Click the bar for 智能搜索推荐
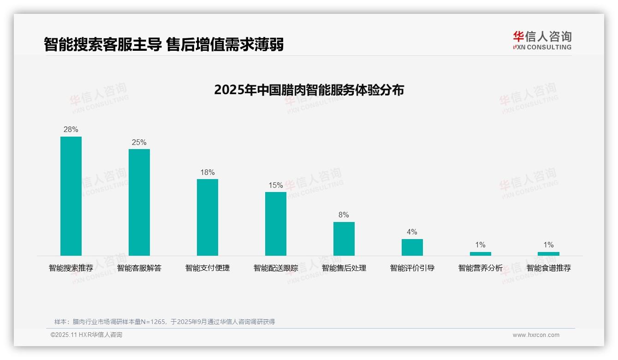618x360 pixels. click(x=71, y=196)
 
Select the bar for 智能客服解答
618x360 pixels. click(x=139, y=202)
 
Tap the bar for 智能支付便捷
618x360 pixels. click(x=208, y=217)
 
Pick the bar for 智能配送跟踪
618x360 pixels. click(x=276, y=224)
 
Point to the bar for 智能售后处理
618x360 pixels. click(x=344, y=239)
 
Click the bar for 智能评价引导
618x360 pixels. click(x=412, y=247)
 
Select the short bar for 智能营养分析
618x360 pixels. click(x=481, y=253)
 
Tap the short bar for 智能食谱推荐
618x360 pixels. click(x=548, y=253)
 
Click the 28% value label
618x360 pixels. click(x=71, y=130)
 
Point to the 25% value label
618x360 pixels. click(x=139, y=142)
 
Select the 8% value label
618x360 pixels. click(x=344, y=215)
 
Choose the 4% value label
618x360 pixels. click(x=412, y=232)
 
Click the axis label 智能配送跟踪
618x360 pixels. click(x=276, y=268)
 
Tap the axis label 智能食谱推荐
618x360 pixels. click(x=549, y=268)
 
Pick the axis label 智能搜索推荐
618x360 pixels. click(x=71, y=268)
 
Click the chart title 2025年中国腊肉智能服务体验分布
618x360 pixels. click(x=309, y=90)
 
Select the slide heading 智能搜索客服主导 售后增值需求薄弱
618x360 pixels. click(x=164, y=44)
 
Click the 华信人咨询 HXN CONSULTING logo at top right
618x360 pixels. click(x=542, y=41)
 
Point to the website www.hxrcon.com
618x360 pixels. click(x=536, y=335)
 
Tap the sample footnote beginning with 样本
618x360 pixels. click(x=165, y=322)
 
